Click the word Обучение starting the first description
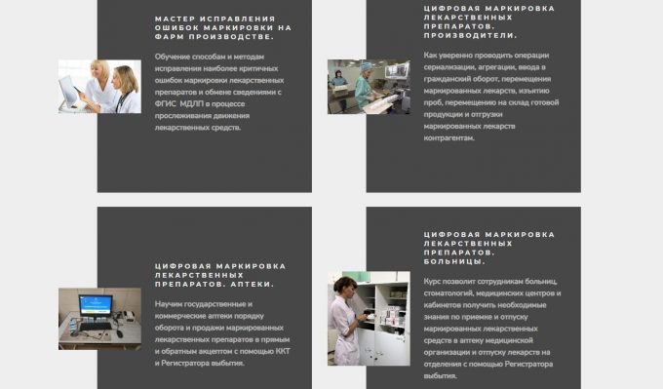pos(172,56)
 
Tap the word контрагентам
pos(448,137)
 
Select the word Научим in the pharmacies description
pos(169,303)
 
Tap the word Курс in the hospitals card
pos(433,281)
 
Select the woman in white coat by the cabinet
pos(344,317)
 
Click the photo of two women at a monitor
pos(99,87)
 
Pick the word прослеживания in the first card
pos(183,115)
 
